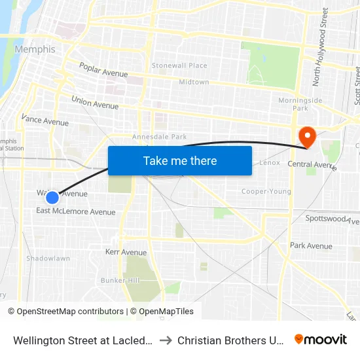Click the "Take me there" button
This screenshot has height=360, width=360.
coord(180,161)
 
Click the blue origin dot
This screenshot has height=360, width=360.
coord(52,197)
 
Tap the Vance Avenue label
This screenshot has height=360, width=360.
coord(45,120)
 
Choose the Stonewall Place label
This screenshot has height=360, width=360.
coord(179,65)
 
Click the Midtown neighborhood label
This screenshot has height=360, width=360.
coord(194,82)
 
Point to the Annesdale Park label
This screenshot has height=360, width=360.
coord(160,137)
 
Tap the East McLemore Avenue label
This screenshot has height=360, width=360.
coord(76,211)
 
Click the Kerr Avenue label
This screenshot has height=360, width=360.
coord(126,252)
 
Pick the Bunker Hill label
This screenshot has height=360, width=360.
coord(120,280)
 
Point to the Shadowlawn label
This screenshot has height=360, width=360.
coord(48,259)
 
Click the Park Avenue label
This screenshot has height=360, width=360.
coord(311,246)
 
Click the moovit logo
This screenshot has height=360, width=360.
coord(321,339)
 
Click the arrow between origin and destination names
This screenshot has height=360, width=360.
coord(166,340)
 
